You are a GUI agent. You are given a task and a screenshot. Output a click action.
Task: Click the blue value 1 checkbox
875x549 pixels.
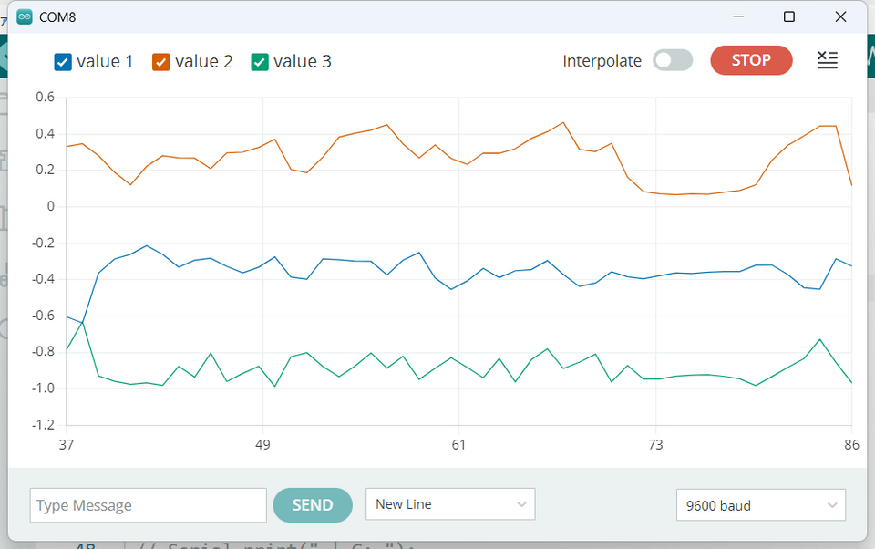63,62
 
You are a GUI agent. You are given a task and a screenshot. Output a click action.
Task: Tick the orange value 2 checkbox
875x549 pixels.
161,62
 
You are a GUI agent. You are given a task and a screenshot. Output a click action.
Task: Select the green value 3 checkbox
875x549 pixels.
260,62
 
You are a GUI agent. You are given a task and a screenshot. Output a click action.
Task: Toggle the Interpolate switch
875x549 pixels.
673,61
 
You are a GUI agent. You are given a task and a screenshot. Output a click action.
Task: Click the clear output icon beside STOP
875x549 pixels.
827,60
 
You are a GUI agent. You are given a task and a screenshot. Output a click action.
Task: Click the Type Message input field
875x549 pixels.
148,505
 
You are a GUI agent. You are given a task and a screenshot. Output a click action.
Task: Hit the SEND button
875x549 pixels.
313,505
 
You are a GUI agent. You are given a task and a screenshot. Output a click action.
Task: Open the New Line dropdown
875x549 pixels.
450,504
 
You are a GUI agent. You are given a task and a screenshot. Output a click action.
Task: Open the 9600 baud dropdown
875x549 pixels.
761,505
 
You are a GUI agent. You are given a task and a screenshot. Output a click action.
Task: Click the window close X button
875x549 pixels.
840,16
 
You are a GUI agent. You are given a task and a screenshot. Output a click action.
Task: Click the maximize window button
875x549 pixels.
789,16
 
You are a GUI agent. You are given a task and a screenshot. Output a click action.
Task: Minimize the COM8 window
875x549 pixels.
738,16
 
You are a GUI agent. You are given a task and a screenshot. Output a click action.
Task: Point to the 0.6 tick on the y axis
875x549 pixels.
45,97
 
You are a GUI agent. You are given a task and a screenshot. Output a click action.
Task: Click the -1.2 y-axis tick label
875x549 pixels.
42,425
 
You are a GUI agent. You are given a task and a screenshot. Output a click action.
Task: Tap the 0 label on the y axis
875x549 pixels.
51,206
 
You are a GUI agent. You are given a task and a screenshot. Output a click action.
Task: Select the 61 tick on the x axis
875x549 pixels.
458,445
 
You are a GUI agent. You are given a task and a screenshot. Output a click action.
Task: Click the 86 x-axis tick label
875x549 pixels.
851,445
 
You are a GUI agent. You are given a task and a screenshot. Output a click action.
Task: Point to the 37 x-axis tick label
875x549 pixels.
66,445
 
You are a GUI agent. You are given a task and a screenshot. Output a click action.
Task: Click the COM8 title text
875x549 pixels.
57,16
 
